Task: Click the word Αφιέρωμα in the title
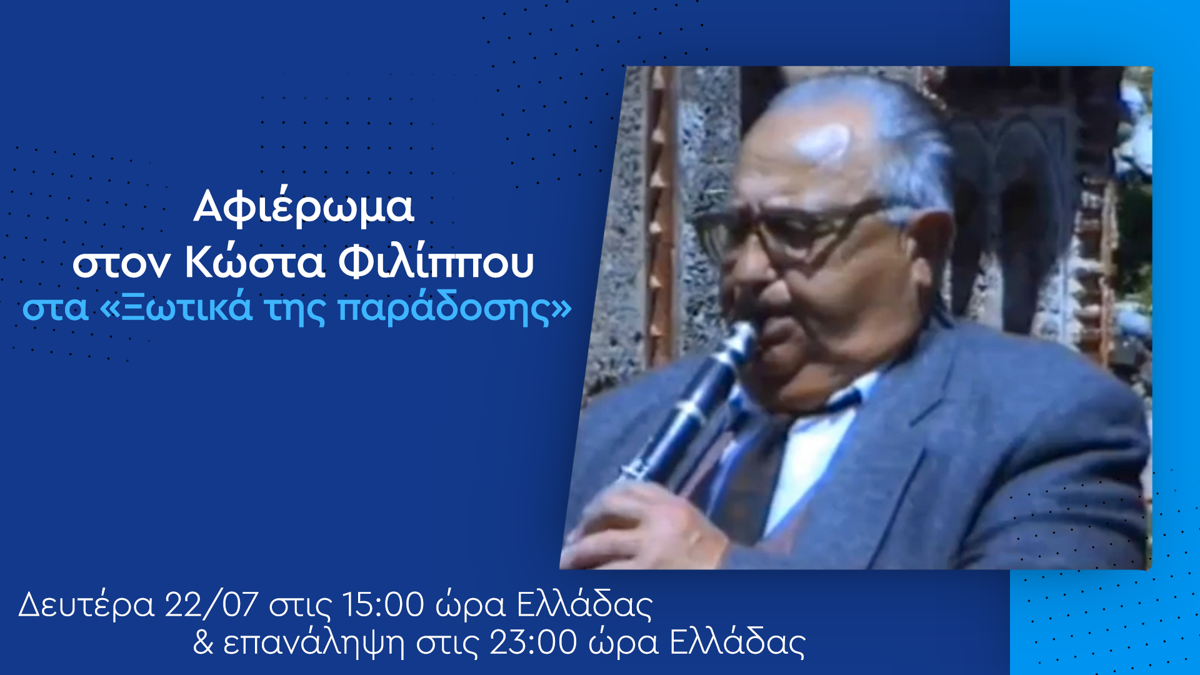(303, 207)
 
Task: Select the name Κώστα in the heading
(254, 262)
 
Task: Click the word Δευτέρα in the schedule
(86, 605)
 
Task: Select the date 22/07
(211, 604)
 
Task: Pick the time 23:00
(533, 642)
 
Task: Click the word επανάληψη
(313, 643)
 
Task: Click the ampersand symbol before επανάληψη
(203, 642)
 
